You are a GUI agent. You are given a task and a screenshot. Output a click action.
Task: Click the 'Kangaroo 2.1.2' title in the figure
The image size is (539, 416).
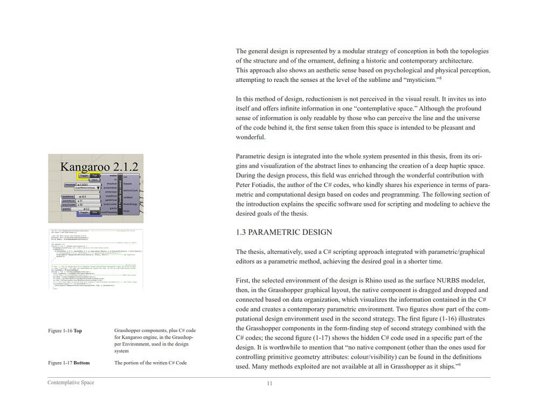click(99, 166)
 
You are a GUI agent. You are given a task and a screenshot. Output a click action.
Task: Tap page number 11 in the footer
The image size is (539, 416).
click(269, 383)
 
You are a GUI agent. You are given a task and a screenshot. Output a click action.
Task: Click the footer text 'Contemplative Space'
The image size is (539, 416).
click(71, 383)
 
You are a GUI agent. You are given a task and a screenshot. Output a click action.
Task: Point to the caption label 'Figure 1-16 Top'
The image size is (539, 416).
click(65, 330)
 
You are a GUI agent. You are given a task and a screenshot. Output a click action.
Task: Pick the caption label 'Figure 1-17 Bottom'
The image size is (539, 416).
click(68, 363)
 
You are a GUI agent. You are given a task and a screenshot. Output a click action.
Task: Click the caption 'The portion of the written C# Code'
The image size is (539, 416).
click(150, 363)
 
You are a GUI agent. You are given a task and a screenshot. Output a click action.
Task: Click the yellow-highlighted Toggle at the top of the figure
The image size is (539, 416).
click(84, 176)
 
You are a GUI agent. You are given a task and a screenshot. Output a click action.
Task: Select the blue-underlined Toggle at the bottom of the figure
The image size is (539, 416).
click(84, 213)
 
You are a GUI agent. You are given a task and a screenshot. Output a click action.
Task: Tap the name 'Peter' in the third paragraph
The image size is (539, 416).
click(244, 185)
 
